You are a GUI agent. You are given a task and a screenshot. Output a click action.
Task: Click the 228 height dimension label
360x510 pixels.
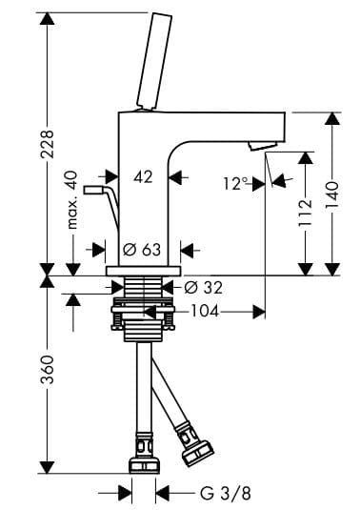[47, 144]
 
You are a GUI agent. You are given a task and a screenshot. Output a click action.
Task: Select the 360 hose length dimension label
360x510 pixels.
[47, 370]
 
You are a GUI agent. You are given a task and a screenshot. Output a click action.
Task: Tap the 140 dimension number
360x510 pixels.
[332, 196]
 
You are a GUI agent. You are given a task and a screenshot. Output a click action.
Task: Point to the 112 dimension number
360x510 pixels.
[306, 213]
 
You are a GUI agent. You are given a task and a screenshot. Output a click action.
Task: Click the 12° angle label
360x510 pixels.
[235, 184]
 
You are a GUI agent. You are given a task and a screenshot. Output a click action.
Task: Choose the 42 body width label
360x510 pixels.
[143, 177]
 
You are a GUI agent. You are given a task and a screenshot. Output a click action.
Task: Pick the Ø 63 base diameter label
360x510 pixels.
[142, 250]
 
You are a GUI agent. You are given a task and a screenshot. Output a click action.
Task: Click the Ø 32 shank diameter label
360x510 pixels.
[204, 288]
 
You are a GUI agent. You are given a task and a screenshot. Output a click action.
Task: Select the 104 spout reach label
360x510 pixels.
[205, 312]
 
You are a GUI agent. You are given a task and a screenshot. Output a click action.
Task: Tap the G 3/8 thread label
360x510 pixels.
[226, 494]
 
